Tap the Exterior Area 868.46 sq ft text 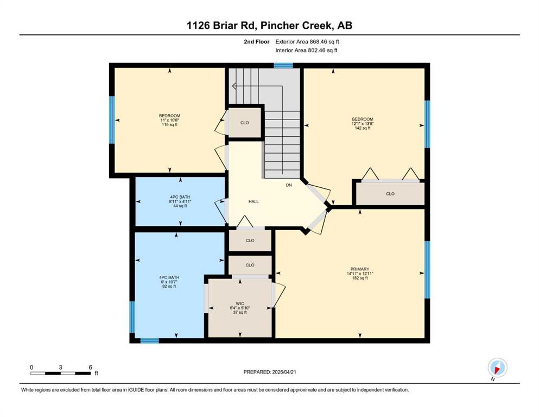(307, 42)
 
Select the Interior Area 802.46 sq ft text (306, 50)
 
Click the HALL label (253, 201)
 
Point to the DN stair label (289, 185)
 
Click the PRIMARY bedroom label (360, 269)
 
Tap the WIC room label (240, 304)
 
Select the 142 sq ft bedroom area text (363, 128)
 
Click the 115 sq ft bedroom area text (170, 124)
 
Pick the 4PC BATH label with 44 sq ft (180, 197)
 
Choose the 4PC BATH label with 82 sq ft (169, 277)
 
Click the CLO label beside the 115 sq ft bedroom (245, 123)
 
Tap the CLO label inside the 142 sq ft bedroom (390, 194)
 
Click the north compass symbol (497, 368)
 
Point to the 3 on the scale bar (60, 368)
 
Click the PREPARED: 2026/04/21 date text (270, 372)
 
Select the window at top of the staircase (283, 65)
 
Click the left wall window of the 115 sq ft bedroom (112, 119)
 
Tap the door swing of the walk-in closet (278, 295)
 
